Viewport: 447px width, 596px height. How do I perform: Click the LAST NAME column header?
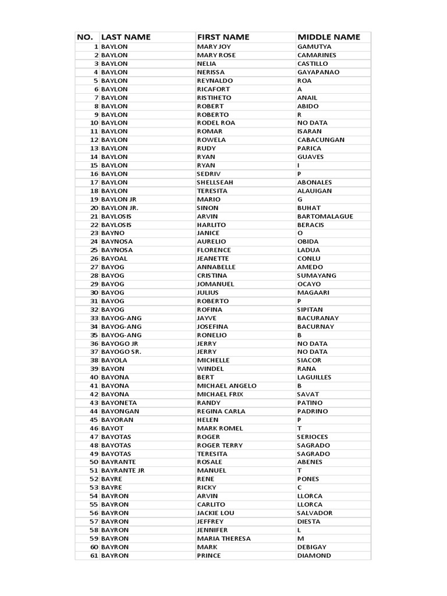(126, 37)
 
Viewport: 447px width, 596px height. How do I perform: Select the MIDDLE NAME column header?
(328, 37)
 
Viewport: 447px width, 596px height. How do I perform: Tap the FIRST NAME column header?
(223, 37)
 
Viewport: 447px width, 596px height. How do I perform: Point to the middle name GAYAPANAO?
(318, 72)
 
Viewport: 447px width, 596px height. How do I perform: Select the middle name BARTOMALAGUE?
(325, 217)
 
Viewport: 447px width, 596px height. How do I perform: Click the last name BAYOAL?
(114, 258)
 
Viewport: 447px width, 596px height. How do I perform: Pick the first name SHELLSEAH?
(215, 182)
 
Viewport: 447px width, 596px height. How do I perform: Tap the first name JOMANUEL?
(215, 284)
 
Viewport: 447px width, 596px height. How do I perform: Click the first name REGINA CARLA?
(221, 411)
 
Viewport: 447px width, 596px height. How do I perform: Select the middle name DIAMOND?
(314, 556)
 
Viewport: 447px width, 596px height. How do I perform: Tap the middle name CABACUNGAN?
(321, 140)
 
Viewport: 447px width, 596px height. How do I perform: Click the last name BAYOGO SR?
(121, 352)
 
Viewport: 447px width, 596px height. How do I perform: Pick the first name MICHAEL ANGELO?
(226, 386)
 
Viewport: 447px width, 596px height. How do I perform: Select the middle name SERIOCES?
(313, 437)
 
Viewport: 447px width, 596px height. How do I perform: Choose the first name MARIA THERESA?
(223, 539)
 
